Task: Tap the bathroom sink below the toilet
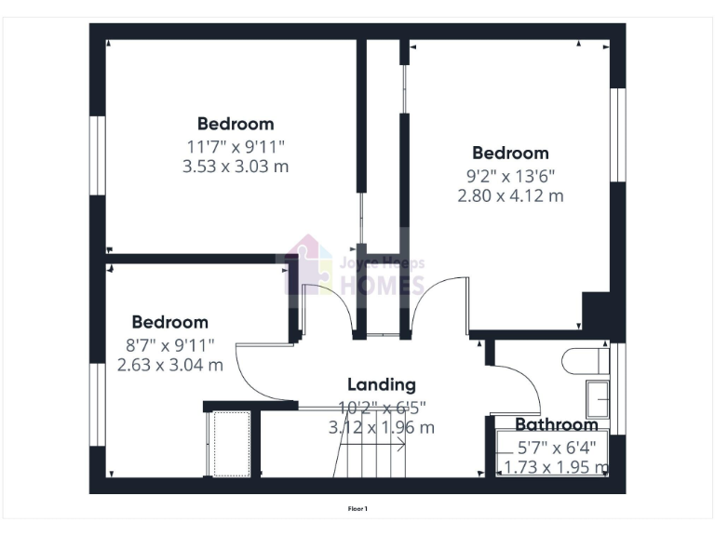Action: pos(596,398)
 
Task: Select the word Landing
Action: pos(382,384)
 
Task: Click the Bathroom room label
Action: pos(544,425)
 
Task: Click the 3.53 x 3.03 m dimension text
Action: pos(236,167)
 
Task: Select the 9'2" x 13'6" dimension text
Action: pos(510,175)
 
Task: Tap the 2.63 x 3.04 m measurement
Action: pos(170,365)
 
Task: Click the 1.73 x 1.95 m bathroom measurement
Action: pos(556,466)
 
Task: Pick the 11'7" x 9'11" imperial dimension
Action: pos(236,146)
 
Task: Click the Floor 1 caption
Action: pos(357,509)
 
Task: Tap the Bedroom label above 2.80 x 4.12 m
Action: pos(510,154)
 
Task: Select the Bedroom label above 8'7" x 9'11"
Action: pos(170,323)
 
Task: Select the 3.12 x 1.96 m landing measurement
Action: pos(382,428)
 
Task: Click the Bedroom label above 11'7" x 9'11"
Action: pos(236,124)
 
